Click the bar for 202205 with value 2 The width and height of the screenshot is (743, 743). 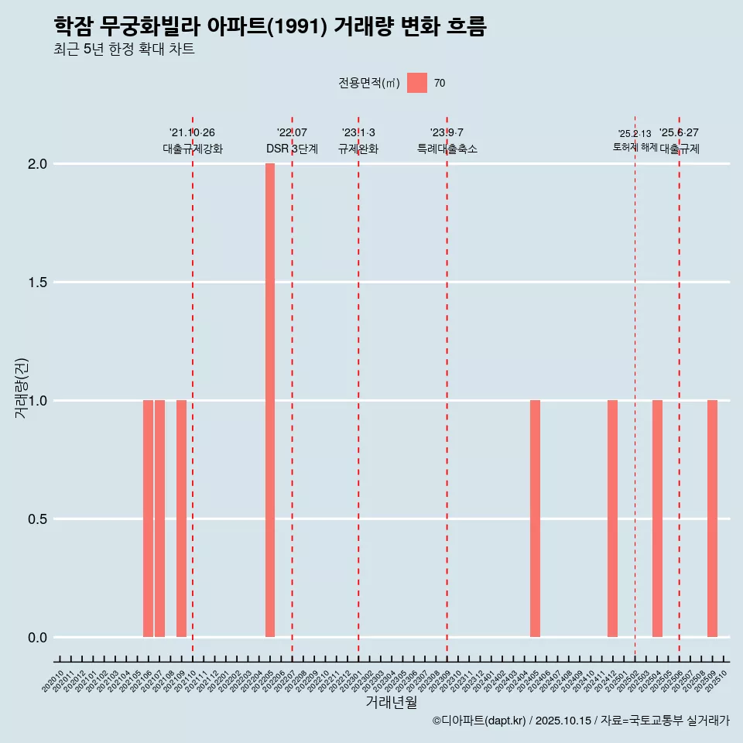tap(270, 400)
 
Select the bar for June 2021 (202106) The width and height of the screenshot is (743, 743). tap(148, 519)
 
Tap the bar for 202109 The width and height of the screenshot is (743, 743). tap(181, 519)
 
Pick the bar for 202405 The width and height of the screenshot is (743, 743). tap(535, 519)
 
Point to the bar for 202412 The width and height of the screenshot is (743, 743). tap(612, 519)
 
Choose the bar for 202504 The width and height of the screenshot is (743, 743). tap(657, 519)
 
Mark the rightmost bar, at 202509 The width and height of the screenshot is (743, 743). tap(712, 519)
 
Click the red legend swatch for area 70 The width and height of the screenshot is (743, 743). tap(417, 83)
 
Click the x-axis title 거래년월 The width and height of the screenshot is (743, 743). tap(391, 703)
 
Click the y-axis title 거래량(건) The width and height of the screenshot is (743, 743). tap(22, 389)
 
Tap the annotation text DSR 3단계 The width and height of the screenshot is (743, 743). tap(292, 149)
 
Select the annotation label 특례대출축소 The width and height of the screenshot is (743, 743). tap(447, 149)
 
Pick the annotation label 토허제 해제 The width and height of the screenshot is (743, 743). tap(635, 147)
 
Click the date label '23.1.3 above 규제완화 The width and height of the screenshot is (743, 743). tap(358, 132)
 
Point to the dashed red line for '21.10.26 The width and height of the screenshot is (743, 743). tap(193, 387)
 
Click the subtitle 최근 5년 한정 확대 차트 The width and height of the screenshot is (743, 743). tap(124, 50)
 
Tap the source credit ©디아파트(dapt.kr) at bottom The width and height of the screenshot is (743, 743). tap(480, 721)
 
